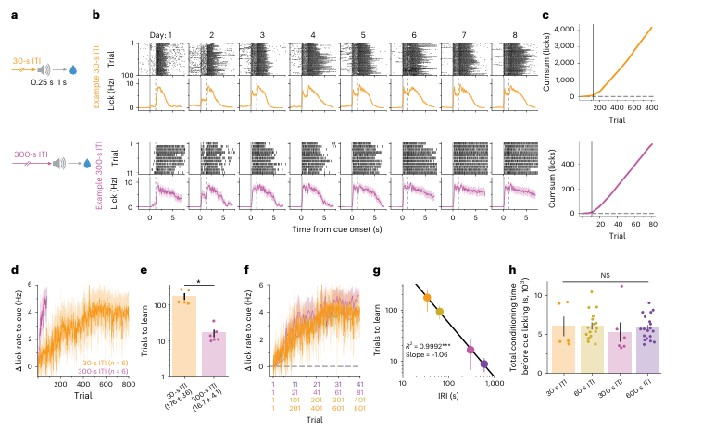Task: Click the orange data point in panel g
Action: (427, 298)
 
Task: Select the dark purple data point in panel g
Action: (484, 364)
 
